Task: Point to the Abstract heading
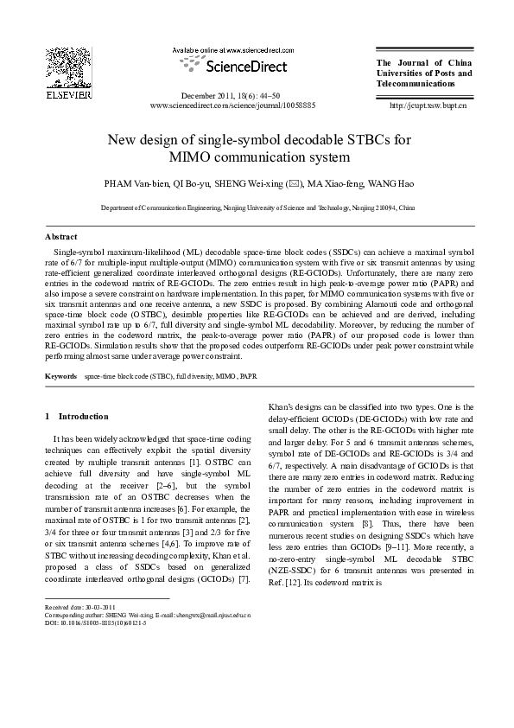[x=61, y=236]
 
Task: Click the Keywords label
[x=61, y=377]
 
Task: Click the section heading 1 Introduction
[x=78, y=416]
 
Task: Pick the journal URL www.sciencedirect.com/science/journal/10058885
[x=233, y=105]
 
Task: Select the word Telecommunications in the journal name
[x=409, y=85]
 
